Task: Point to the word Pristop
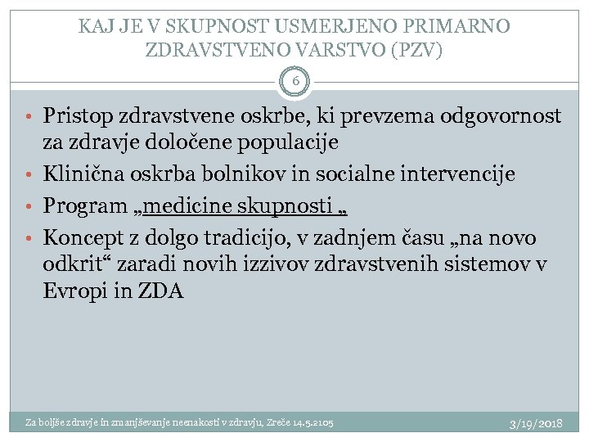[76, 116]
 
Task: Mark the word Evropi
[72, 291]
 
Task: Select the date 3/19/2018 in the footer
[535, 424]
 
